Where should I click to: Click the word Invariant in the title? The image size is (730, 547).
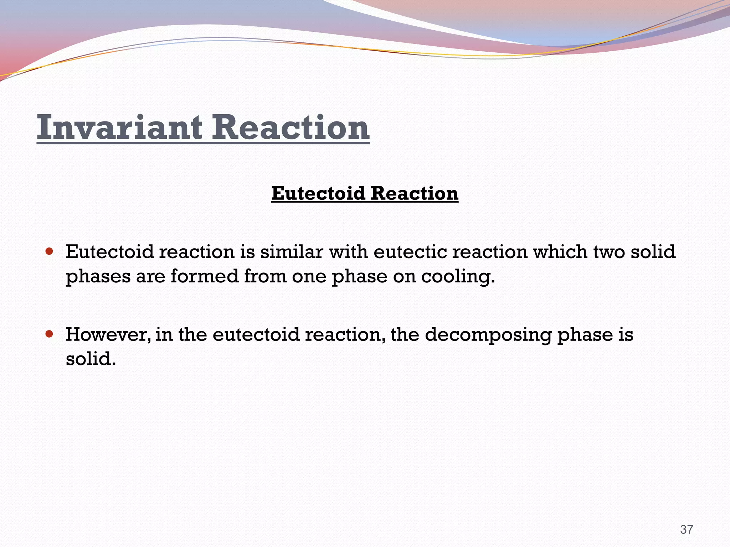click(x=119, y=127)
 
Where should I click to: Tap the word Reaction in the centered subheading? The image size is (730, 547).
click(x=414, y=193)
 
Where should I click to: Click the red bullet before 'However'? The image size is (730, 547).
click(x=50, y=334)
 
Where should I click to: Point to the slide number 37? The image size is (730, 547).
click(x=687, y=530)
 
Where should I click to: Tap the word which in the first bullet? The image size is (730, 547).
click(x=560, y=252)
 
